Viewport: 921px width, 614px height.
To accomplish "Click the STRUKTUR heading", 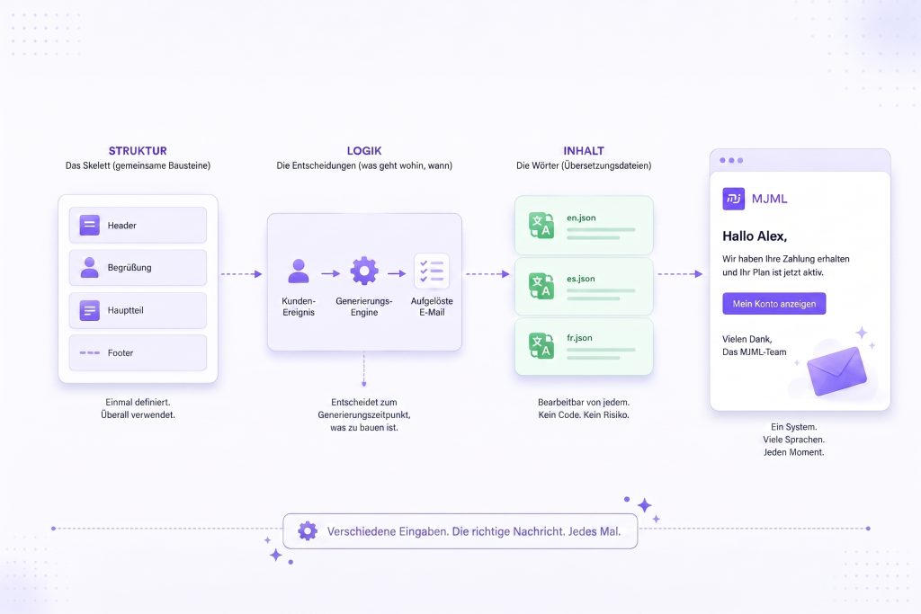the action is click(138, 151).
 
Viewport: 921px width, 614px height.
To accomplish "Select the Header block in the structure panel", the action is click(138, 225).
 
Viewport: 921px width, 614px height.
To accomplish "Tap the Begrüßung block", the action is click(138, 268).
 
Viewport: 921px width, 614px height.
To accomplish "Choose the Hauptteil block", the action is click(138, 310).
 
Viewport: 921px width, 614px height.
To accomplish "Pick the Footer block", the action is click(138, 352).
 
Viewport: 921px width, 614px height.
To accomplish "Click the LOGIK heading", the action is click(364, 151).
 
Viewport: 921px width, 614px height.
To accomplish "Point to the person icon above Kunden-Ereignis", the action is click(299, 271).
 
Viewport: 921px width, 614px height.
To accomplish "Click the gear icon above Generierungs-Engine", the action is click(364, 271).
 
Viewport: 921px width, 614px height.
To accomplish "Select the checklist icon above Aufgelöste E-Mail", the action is click(432, 271).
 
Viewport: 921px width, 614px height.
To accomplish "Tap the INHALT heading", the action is click(584, 151).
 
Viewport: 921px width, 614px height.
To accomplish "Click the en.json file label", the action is click(581, 218).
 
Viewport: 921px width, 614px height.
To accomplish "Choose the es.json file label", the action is click(580, 279).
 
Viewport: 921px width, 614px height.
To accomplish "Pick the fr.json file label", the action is click(579, 338).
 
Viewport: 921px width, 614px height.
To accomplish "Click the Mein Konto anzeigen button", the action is click(774, 304).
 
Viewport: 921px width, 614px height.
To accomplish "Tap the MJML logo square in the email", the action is click(734, 199).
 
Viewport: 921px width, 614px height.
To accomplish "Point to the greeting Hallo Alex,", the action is click(755, 236).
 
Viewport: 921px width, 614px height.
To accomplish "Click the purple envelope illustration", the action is click(837, 371).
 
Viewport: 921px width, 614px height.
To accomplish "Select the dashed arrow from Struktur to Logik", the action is click(241, 274).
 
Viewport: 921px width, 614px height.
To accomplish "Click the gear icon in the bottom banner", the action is click(308, 531).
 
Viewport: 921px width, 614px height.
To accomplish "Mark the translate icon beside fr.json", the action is click(541, 345).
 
